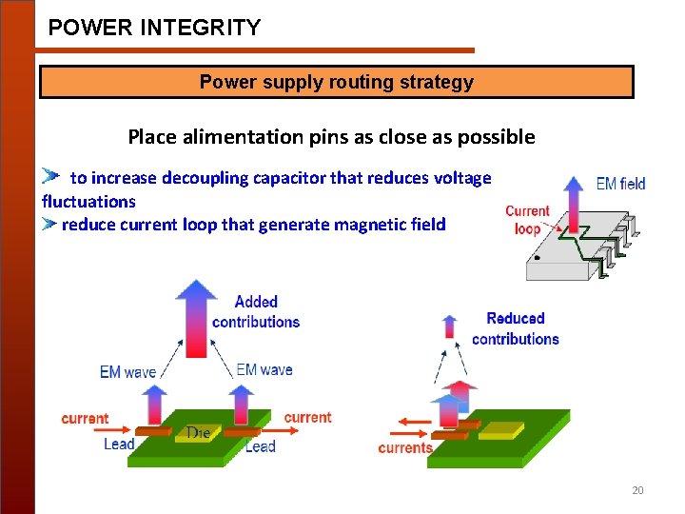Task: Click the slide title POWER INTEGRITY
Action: pos(154,28)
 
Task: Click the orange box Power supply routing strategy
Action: pos(336,82)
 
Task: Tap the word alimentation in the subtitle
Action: pos(250,136)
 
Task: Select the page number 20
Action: pos(637,490)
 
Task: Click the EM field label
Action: pos(620,184)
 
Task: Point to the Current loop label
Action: pos(527,220)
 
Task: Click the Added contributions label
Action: pos(256,312)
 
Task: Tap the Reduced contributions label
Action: pos(515,328)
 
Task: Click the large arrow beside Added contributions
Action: pos(197,319)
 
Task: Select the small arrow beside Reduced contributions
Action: pos(450,326)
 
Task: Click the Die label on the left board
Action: pos(198,433)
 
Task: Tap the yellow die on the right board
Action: pos(500,431)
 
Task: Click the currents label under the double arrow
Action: pos(405,447)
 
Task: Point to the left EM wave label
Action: pos(127,372)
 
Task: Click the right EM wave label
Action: pos(264,369)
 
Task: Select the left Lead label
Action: pos(119,444)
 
